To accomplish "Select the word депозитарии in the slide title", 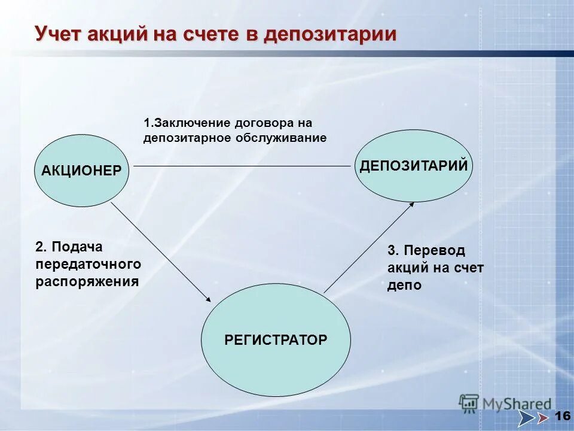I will (330, 34).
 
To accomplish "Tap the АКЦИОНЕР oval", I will (81, 171).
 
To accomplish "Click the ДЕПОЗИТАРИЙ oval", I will (414, 166).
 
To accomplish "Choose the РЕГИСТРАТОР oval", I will (276, 339).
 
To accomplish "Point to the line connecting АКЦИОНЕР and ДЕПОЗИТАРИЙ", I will (239, 166).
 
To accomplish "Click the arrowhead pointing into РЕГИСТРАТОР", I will (208, 299).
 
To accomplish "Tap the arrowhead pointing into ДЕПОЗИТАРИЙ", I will (411, 205).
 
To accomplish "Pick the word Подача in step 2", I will (77, 247).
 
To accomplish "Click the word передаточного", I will (88, 263).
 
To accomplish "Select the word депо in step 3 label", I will (404, 286).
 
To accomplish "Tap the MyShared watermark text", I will (517, 405).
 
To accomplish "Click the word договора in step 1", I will (265, 123).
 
